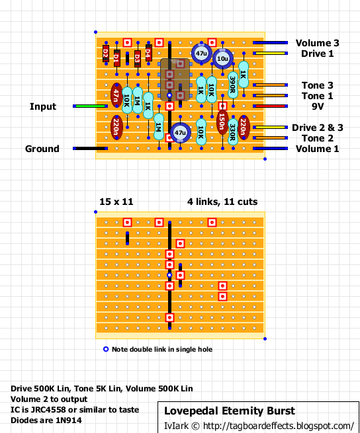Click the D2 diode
point(106,54)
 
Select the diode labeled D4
point(148,53)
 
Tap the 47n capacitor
point(116,95)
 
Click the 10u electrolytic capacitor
point(222,59)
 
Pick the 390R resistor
point(233,85)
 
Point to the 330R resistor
point(233,132)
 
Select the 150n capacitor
point(222,122)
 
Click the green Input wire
point(91,106)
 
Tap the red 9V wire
point(270,106)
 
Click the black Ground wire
point(91,149)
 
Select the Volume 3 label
point(318,43)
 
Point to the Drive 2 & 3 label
point(318,128)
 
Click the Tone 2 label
point(318,138)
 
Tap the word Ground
point(42,149)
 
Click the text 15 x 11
point(116,202)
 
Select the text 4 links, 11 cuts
point(222,202)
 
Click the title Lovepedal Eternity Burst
point(230,411)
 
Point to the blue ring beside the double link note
point(106,349)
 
